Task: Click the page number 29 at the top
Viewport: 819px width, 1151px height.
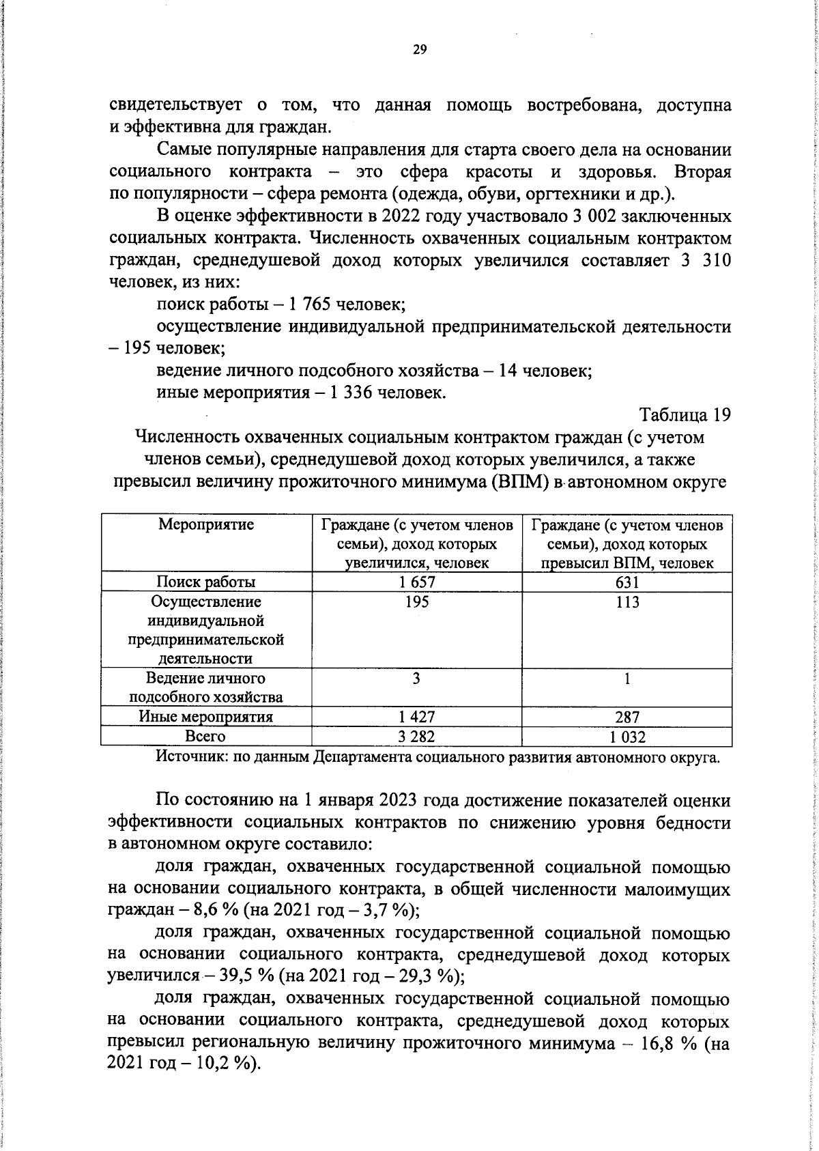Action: coord(420,48)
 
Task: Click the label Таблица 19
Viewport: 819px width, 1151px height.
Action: coord(685,414)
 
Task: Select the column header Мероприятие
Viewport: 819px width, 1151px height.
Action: coord(206,524)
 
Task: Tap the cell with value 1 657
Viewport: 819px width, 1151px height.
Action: coord(416,582)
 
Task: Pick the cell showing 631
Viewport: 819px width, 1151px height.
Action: coord(627,582)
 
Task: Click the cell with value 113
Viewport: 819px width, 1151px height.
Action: coord(627,601)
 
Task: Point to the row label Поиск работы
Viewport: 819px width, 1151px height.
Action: coord(206,582)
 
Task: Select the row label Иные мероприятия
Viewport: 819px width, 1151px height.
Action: coord(206,717)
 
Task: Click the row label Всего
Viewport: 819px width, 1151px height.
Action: coord(205,736)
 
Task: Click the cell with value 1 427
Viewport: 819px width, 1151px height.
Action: coord(416,717)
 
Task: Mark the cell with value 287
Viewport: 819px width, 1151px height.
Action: coord(627,717)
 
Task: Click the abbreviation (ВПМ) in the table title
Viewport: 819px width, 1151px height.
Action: coord(519,482)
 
